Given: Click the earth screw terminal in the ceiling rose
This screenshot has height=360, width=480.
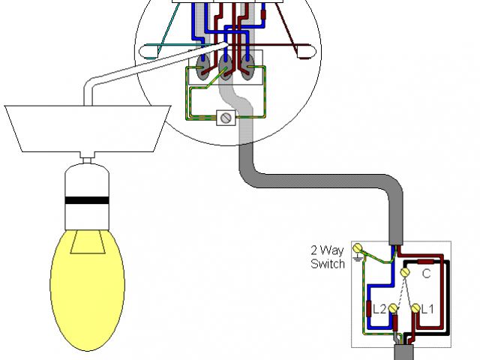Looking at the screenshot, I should point(224,117).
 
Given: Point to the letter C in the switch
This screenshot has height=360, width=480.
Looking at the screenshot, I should point(425,274).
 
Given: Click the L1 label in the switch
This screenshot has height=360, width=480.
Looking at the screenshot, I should point(428,308).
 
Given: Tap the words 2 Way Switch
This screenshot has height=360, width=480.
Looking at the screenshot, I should point(328,256).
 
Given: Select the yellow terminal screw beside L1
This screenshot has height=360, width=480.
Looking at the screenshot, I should point(415,307).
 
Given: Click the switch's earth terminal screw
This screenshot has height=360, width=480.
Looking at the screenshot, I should point(358,247).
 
